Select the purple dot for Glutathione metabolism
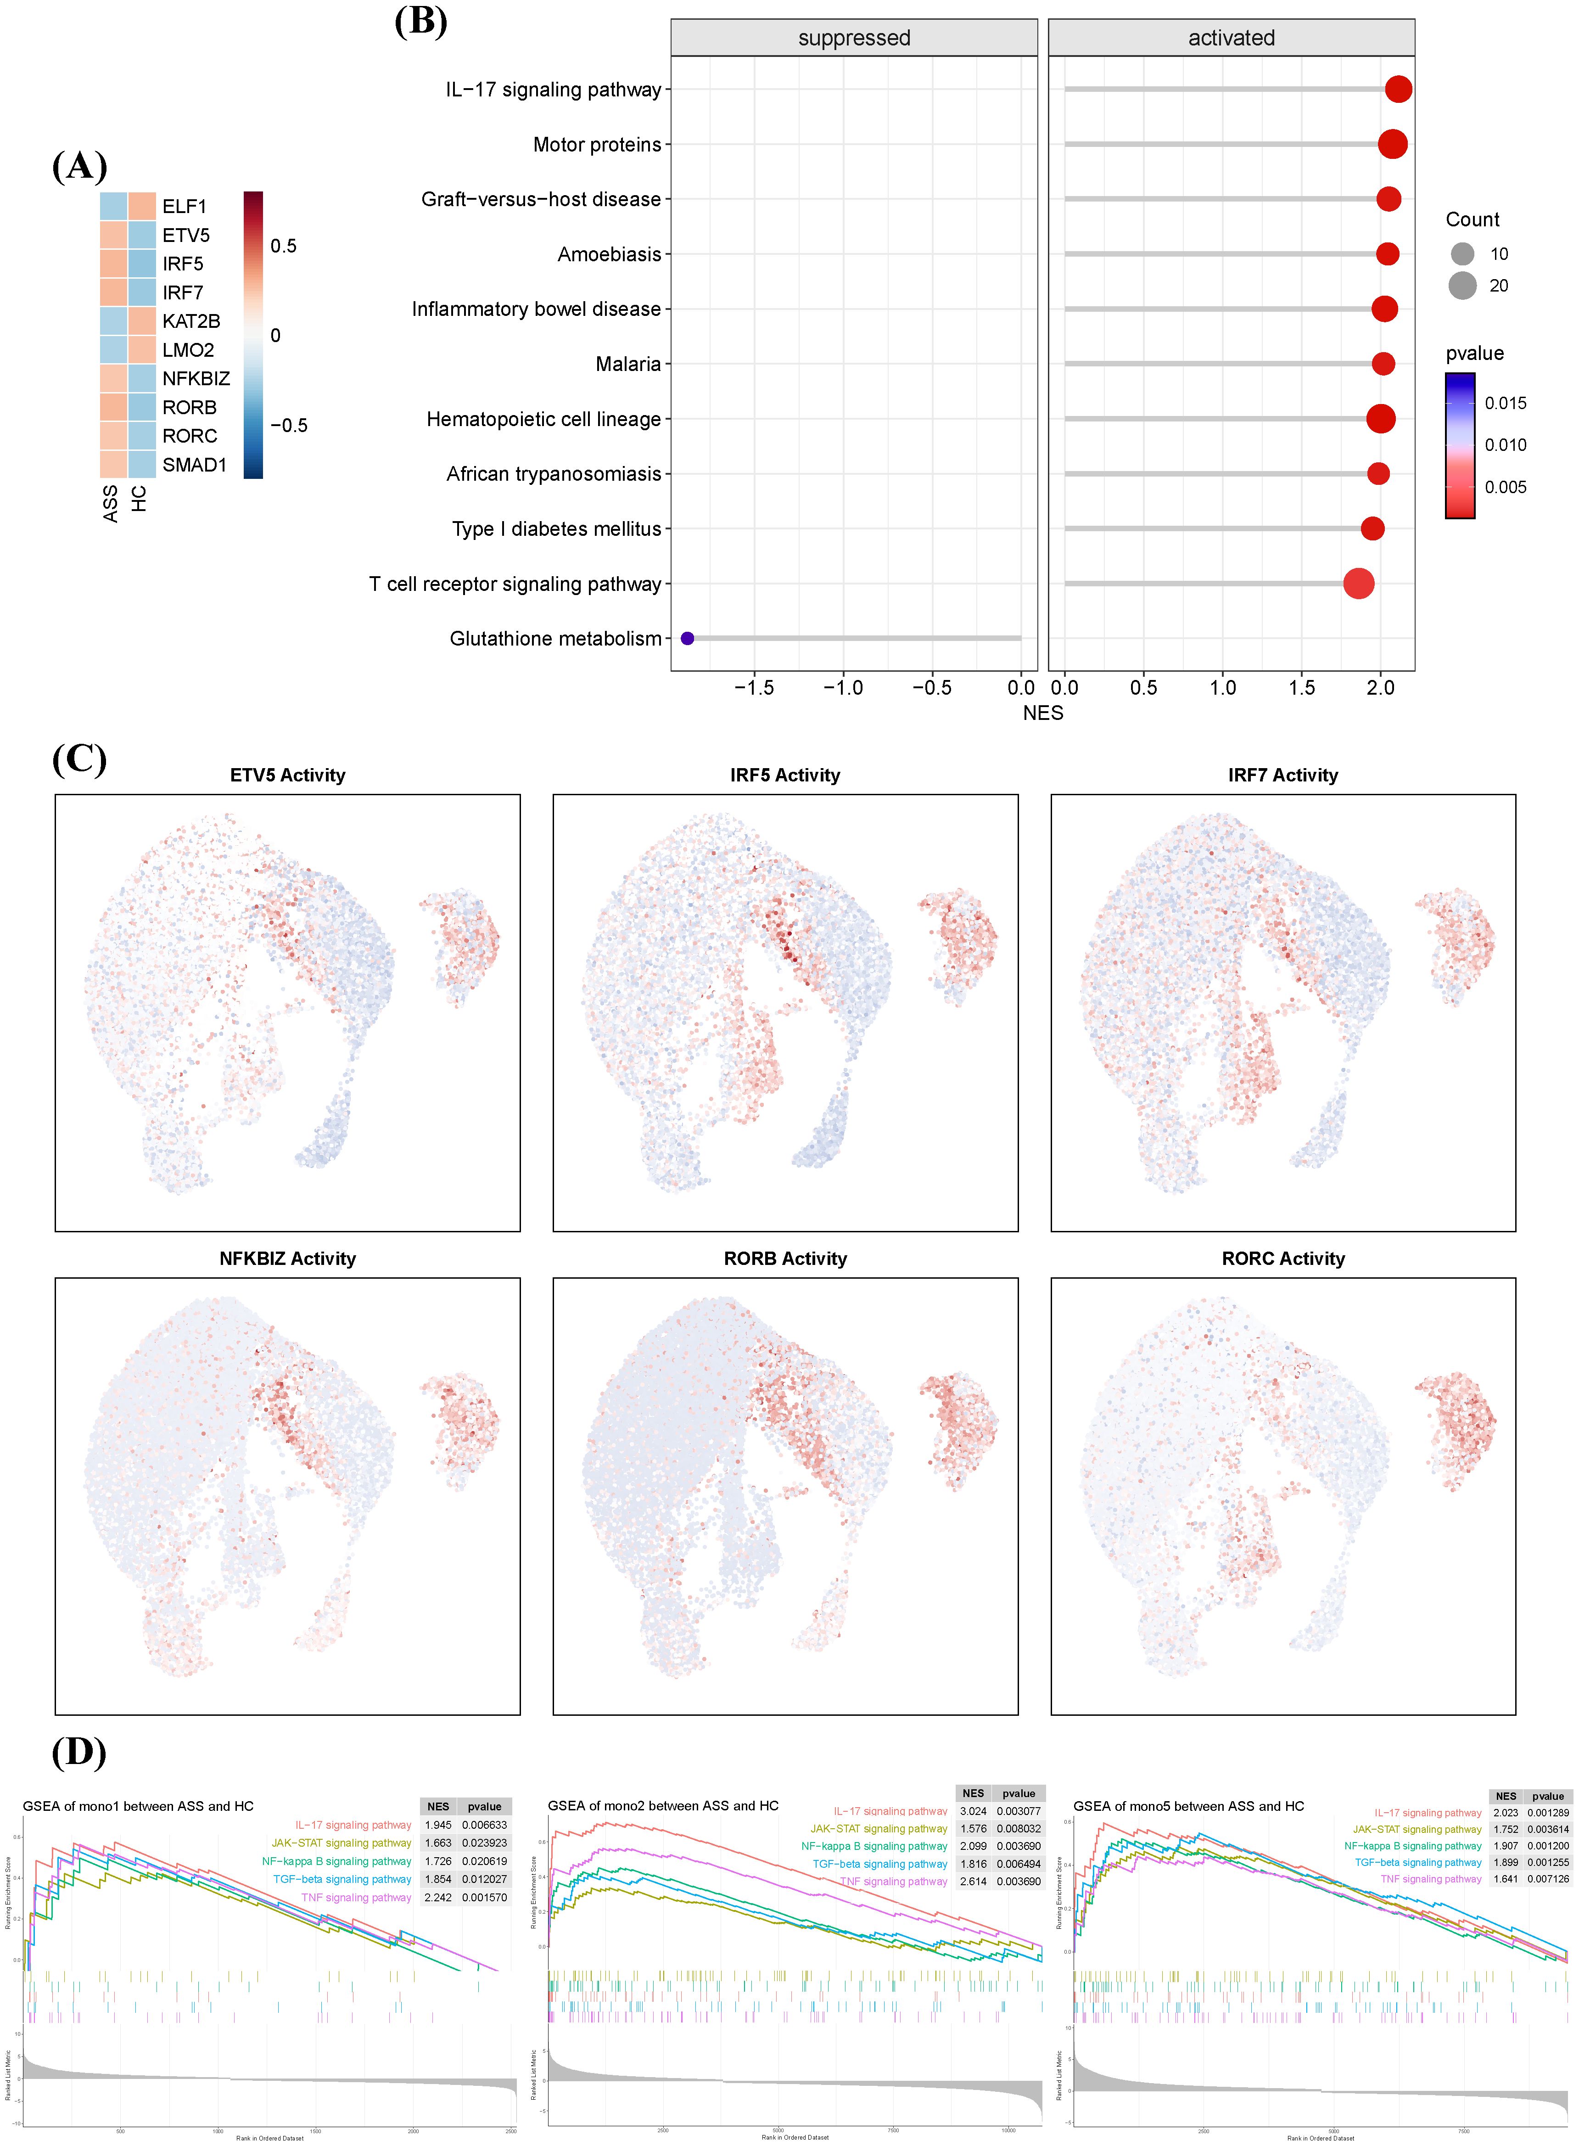(x=687, y=639)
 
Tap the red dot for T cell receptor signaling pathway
(x=1358, y=583)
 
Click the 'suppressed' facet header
(x=854, y=38)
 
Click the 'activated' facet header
(x=1231, y=38)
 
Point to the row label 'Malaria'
(x=628, y=364)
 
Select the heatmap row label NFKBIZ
(x=196, y=378)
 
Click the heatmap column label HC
(x=140, y=498)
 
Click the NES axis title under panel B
(x=1043, y=713)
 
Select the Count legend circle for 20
(x=1461, y=286)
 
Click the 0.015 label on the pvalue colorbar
(x=1506, y=404)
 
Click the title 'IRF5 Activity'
(x=785, y=775)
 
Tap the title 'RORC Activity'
(x=1282, y=1259)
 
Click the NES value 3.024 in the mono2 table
(x=973, y=1811)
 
